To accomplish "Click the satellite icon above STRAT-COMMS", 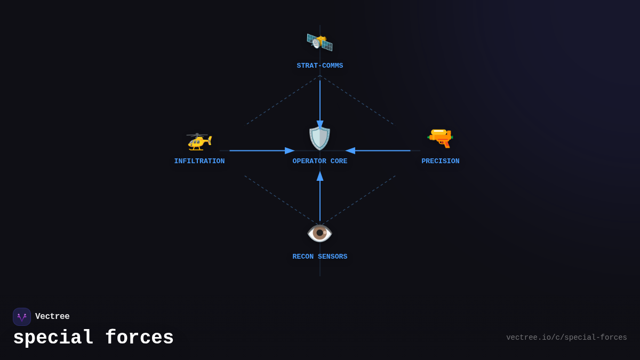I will pos(319,42).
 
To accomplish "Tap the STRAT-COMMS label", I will pos(320,66).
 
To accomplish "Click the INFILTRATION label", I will pos(199,162).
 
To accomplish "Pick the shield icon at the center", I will pos(320,138).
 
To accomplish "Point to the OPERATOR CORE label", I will pos(320,162).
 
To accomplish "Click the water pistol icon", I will pos(441,138).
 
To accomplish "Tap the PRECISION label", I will pos(441,162).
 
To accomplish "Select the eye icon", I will pos(320,233).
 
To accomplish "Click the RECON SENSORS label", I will pos(320,257).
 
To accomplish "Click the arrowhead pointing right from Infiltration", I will pos(290,151).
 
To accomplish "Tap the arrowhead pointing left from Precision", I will pos(350,151).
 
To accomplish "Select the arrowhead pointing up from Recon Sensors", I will pos(320,176).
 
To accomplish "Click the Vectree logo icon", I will pos(22,317).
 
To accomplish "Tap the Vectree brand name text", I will pos(52,317).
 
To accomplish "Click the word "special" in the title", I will pos(53,338).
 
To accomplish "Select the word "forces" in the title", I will pos(139,338).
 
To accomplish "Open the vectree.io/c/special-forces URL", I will pos(566,338).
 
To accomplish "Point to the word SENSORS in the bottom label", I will pos(332,257).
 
